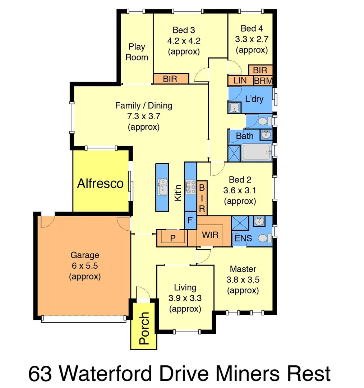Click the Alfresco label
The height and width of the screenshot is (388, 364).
click(100, 184)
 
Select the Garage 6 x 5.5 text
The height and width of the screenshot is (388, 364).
click(84, 266)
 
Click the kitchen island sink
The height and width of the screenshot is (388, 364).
click(162, 187)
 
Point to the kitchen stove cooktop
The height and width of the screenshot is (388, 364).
click(190, 187)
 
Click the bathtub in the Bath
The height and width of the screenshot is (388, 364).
click(256, 152)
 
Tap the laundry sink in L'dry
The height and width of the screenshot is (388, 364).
click(234, 108)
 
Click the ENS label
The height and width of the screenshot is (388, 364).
click(243, 238)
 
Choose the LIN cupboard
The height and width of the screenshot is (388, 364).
click(240, 80)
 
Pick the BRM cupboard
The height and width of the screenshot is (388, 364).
click(263, 81)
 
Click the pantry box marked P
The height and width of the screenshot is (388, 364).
click(172, 238)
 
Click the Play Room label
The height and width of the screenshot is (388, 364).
click(137, 52)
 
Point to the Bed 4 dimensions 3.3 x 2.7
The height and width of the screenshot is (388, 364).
click(252, 39)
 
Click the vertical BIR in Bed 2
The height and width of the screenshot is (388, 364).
click(202, 198)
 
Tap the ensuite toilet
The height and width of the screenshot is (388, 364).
click(264, 238)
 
